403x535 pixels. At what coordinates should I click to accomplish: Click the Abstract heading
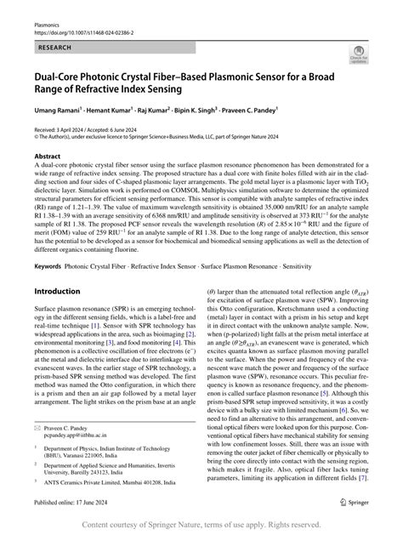tap(48, 157)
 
